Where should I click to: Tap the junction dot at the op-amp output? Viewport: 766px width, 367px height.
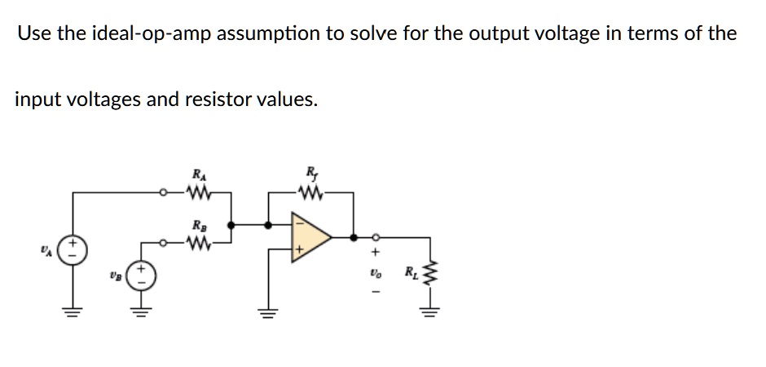(353, 237)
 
